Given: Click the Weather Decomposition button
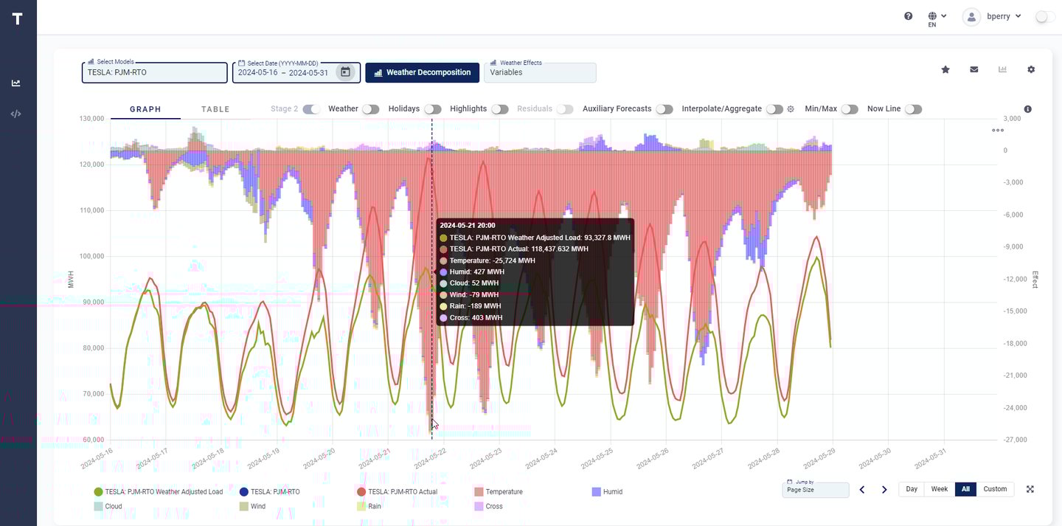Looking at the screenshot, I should (x=422, y=72).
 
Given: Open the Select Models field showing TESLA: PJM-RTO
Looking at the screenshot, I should (x=154, y=73).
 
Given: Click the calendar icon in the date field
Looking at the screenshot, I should (x=345, y=72).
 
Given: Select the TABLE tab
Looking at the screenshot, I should (x=215, y=109).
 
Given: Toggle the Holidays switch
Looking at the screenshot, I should (x=433, y=109).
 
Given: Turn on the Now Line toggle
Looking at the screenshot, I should (x=913, y=109).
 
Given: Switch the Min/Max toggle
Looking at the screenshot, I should (x=850, y=109).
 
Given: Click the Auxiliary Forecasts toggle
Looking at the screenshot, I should (x=664, y=109).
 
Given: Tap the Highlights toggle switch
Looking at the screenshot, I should (x=500, y=109).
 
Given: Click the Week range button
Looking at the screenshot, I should (x=939, y=489).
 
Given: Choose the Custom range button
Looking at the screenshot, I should (x=994, y=489).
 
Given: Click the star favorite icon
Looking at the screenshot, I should (x=945, y=69).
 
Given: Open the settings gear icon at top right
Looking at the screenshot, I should (x=1031, y=69).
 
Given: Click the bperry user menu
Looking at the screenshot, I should (x=993, y=16).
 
